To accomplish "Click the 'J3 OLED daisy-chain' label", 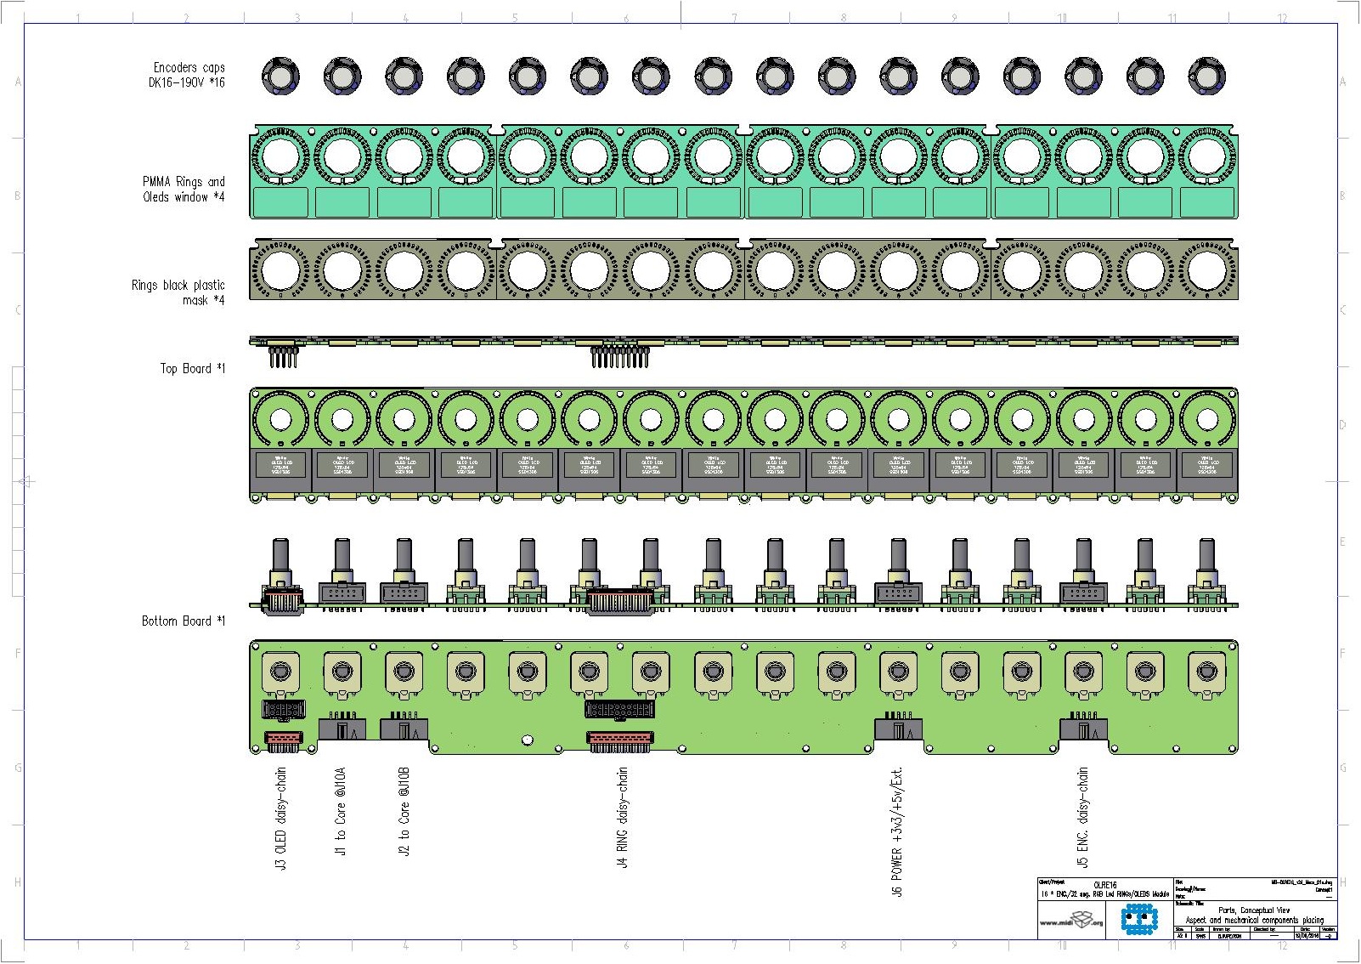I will click(x=281, y=818).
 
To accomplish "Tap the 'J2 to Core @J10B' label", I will click(x=404, y=812).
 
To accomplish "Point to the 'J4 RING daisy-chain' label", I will click(x=623, y=817).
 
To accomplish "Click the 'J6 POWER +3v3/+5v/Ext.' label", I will click(x=897, y=832).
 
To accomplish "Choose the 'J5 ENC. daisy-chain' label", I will click(x=1083, y=817).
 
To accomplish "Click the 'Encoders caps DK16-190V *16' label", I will click(x=189, y=75).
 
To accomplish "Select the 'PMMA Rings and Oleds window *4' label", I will click(x=184, y=190).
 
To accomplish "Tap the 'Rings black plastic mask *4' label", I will click(x=178, y=292).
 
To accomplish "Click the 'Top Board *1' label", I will click(x=193, y=368).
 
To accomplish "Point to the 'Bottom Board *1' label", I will click(x=184, y=621).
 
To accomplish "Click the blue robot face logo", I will click(x=1138, y=919).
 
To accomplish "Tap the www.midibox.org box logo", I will click(x=1071, y=921).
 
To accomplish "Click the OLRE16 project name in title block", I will click(x=1104, y=884).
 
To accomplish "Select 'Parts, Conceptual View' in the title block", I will click(x=1254, y=910).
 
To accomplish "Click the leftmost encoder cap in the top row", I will click(x=280, y=77).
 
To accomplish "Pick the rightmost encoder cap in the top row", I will click(x=1206, y=77).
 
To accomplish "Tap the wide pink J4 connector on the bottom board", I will click(x=620, y=740).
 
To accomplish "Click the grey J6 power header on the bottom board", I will click(x=898, y=729).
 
